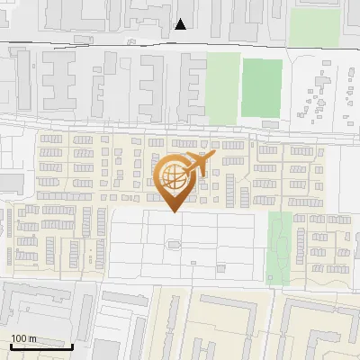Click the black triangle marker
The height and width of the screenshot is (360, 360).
click(182, 24)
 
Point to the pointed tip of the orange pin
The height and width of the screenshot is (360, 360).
click(175, 211)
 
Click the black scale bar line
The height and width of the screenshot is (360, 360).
click(41, 346)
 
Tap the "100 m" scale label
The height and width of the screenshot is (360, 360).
click(24, 337)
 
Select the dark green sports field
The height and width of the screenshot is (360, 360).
click(261, 87)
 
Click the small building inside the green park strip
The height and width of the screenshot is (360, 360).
click(276, 231)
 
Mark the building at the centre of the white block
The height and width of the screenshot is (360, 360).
click(174, 243)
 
